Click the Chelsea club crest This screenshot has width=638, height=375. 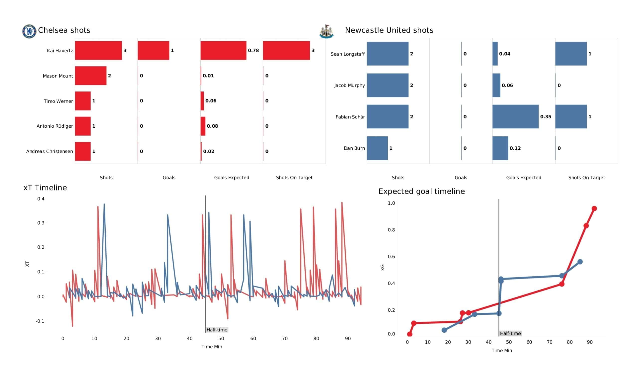click(29, 31)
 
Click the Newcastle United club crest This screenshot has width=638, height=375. click(326, 31)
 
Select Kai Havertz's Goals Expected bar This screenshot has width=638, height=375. click(223, 50)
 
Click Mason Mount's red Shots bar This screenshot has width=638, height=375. click(91, 76)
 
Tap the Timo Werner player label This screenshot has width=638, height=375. click(58, 101)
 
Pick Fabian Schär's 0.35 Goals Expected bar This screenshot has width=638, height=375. click(515, 116)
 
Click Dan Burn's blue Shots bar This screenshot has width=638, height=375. click(377, 148)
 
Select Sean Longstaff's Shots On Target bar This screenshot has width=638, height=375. click(571, 54)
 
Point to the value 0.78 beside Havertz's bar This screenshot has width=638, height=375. click(253, 50)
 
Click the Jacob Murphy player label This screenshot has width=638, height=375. click(349, 85)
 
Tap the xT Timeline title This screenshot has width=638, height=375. click(45, 188)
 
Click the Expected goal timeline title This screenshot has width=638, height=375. click(421, 191)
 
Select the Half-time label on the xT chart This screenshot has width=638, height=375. click(217, 330)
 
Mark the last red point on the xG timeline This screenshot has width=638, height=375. click(594, 208)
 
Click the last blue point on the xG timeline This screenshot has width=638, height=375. click(580, 262)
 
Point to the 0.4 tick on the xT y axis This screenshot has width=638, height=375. click(41, 199)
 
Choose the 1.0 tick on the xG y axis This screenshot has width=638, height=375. click(391, 203)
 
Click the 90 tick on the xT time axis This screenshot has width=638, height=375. click(348, 339)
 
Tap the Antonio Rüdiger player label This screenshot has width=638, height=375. click(55, 126)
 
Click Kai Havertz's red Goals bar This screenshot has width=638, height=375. click(154, 50)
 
